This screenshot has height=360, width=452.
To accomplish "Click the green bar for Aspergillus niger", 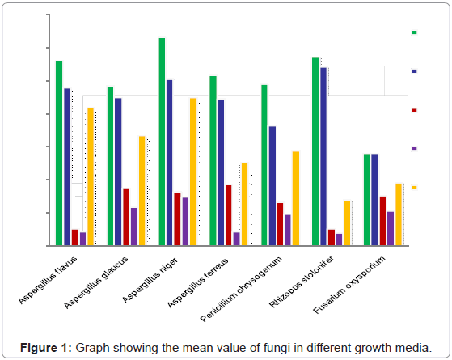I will tap(162, 142).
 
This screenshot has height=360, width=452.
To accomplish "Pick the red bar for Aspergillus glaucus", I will tap(126, 217).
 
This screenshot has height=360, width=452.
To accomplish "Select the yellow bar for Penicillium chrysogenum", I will tap(296, 198).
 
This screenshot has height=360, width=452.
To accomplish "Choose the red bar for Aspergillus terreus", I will tap(229, 215).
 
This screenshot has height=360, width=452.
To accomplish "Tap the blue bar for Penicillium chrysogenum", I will tap(272, 185).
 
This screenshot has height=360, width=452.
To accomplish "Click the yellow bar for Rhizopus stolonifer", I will tap(347, 222).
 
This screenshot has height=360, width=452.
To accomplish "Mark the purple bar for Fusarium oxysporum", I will tap(391, 228).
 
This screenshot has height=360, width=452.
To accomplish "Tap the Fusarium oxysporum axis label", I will tap(361, 283).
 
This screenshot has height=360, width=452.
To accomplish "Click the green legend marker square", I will tap(415, 32).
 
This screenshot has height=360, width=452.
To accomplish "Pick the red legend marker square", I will tap(415, 110).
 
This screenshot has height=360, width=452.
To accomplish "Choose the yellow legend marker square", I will tap(415, 188).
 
